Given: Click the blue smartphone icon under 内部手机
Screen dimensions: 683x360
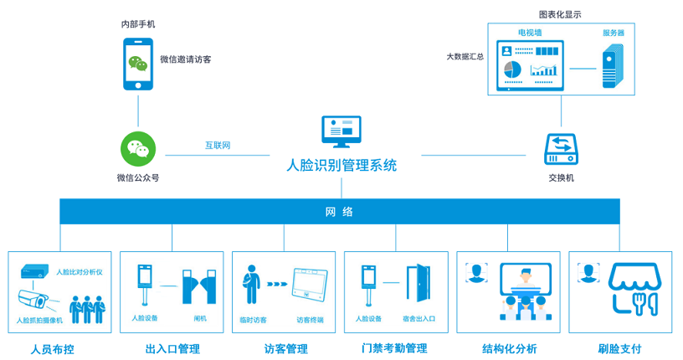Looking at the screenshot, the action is (x=138, y=64).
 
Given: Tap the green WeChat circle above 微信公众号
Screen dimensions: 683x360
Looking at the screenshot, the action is (x=138, y=149).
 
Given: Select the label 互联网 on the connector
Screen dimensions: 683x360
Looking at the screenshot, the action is (x=218, y=145).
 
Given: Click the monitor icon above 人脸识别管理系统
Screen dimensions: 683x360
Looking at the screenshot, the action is (x=341, y=131).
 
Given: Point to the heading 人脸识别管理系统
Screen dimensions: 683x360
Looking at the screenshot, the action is (x=341, y=165).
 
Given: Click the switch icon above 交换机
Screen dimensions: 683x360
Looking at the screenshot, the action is (x=561, y=149).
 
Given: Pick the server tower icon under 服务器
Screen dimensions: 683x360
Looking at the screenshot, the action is (x=613, y=67).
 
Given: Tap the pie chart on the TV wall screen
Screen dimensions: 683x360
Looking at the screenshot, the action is (x=513, y=69).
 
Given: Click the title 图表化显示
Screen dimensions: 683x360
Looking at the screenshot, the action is (x=560, y=14).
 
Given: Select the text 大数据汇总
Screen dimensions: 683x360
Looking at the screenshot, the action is (x=465, y=57).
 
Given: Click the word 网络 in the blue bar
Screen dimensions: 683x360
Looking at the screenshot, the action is (x=339, y=212).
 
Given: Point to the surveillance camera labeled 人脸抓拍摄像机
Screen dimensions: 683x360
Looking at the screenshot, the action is (x=33, y=301).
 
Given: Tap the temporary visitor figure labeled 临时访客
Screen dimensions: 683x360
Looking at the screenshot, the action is (x=251, y=284).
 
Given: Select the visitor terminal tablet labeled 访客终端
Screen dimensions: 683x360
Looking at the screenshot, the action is (x=311, y=284).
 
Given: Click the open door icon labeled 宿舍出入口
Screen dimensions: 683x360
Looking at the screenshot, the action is (x=419, y=283).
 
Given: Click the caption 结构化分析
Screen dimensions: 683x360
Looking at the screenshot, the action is (x=509, y=348).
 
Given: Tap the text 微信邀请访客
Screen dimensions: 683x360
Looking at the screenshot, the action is (x=186, y=59).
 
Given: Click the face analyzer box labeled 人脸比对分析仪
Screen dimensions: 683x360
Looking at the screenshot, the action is (x=34, y=271).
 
